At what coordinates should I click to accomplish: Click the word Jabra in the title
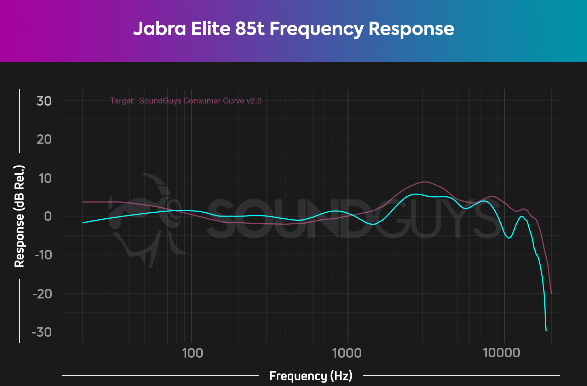pos(159,29)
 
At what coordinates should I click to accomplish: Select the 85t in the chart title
pos(250,29)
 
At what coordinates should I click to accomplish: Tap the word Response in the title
pos(411,29)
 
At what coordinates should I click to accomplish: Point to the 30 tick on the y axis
pos(44,101)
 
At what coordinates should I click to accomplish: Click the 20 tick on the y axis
pos(44,139)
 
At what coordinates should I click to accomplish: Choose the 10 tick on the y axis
pos(45,178)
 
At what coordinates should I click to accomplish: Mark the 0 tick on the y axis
pos(48,216)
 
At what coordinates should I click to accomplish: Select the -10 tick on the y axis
pos(43,254)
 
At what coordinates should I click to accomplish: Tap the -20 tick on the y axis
pos(42,293)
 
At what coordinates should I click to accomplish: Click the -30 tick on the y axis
pos(42,332)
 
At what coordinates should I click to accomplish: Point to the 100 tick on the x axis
pos(192,353)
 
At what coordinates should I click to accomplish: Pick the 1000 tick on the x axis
pos(347,353)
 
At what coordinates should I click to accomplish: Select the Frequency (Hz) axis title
pos(311,376)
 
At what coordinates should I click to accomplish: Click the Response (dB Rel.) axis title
pos(19,216)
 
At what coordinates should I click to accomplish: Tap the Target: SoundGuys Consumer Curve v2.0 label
pos(186,101)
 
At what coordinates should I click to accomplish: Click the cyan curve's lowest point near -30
pos(546,330)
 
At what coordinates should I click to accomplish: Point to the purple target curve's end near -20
pos(551,293)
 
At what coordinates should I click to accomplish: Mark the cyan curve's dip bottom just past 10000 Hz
pos(509,238)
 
